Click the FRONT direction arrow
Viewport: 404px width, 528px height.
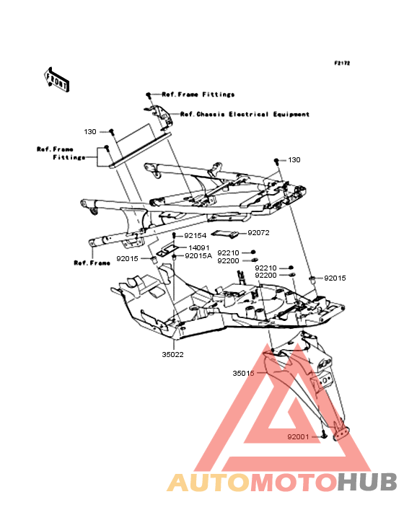coord(57,80)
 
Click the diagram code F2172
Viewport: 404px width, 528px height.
coord(342,63)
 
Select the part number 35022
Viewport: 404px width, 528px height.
coord(172,355)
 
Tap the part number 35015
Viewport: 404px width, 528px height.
coord(243,373)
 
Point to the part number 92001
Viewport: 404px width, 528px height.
coord(298,436)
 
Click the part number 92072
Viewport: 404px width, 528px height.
coord(258,233)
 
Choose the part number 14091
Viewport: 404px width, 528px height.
coord(199,247)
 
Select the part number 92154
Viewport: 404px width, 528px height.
coord(196,236)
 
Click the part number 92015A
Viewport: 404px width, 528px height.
coord(198,256)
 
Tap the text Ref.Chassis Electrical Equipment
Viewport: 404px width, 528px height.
coord(245,114)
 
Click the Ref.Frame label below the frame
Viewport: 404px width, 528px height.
coord(92,263)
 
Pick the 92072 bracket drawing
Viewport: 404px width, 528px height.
coord(225,234)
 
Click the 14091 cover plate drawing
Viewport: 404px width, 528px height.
coord(167,250)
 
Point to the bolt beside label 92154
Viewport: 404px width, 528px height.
coord(175,235)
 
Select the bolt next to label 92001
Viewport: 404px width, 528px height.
coord(323,435)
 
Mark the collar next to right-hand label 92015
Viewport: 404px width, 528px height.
coord(312,278)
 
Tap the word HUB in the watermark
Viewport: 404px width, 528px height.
coord(367,483)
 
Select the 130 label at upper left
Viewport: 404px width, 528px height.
coord(90,132)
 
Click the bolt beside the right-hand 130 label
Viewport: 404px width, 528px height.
coord(276,161)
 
